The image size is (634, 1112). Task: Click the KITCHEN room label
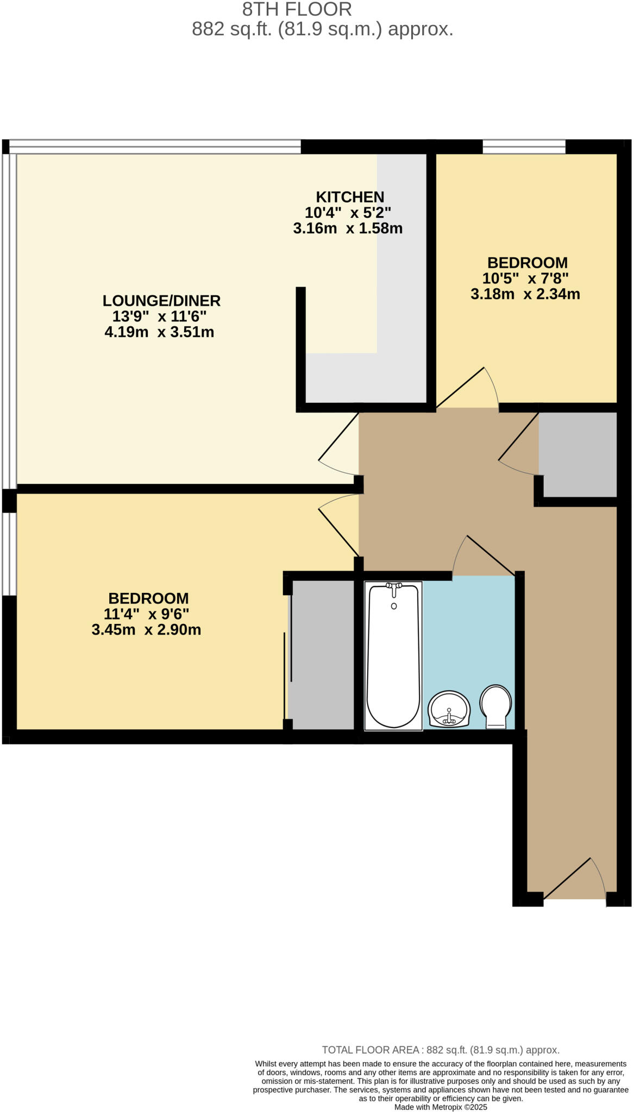point(350,197)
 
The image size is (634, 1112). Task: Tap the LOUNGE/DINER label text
point(161,300)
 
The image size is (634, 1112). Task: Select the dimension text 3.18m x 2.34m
point(525,294)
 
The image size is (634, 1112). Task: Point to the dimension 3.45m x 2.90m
point(146,630)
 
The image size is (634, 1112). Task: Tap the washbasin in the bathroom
point(449,709)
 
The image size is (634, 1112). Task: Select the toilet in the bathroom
point(495,705)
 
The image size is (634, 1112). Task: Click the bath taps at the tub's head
point(394,586)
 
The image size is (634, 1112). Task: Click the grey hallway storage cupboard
point(577,454)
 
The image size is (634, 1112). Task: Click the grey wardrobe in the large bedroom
point(322,654)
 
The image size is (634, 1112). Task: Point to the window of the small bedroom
point(524,147)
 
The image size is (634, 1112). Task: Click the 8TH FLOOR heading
point(297,9)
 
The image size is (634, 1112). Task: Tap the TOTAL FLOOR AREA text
point(440,1050)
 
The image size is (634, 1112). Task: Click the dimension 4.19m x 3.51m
point(159,332)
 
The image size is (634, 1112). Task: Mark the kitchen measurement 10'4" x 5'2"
point(348,212)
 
